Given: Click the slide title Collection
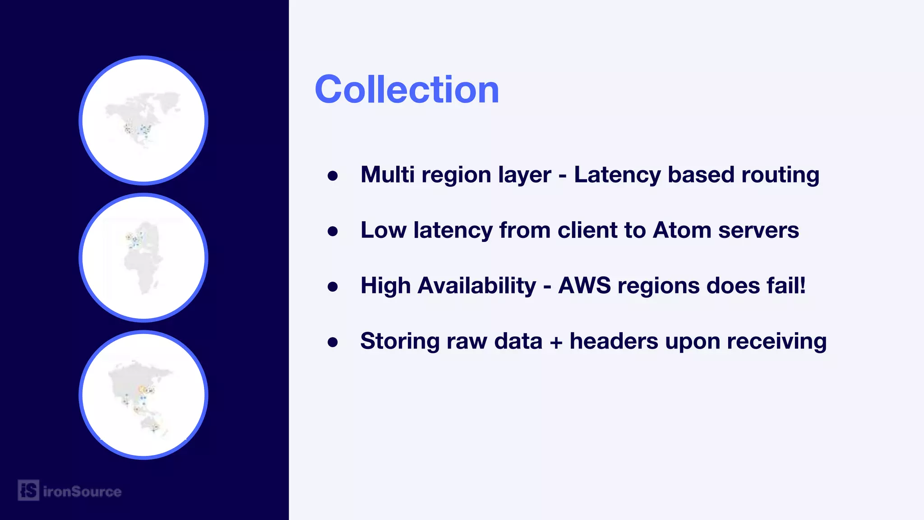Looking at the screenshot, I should pyautogui.click(x=407, y=89).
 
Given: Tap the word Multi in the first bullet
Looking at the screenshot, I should pyautogui.click(x=387, y=175).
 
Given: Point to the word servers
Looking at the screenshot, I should pyautogui.click(x=758, y=230).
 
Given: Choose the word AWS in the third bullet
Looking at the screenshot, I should pyautogui.click(x=584, y=286).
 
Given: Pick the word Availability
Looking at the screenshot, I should pyautogui.click(x=476, y=287).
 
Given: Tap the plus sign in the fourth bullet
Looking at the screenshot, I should pyautogui.click(x=556, y=342).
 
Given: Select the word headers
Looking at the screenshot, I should pyautogui.click(x=614, y=341).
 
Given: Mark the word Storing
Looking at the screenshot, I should pyautogui.click(x=400, y=342).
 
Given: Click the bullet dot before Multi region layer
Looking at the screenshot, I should pyautogui.click(x=333, y=176).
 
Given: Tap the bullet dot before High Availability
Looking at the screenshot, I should pyautogui.click(x=333, y=287).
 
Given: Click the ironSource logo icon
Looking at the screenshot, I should pyautogui.click(x=28, y=490).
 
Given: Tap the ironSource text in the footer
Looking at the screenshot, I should pyautogui.click(x=82, y=491).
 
